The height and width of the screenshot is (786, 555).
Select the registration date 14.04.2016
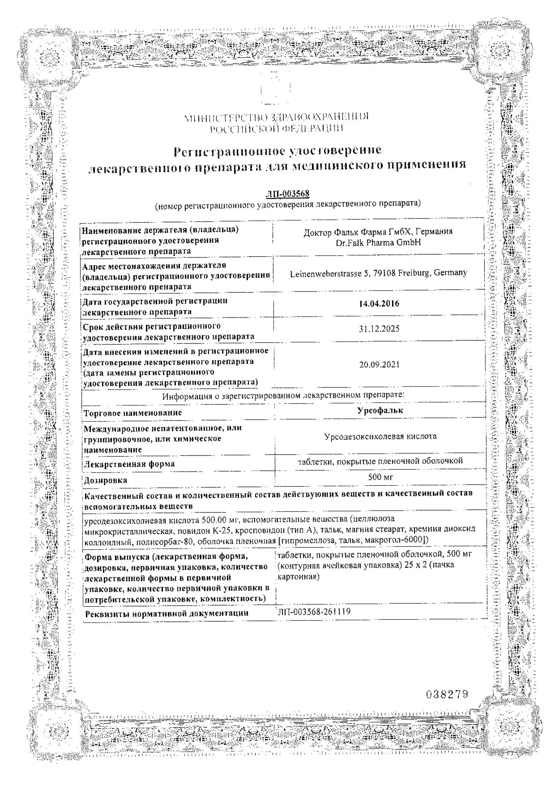(379, 303)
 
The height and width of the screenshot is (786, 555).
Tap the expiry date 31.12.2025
(379, 329)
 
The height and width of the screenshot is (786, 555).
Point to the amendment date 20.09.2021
(379, 365)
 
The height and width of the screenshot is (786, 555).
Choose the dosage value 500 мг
(380, 477)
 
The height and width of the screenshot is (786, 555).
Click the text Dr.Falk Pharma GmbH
(378, 242)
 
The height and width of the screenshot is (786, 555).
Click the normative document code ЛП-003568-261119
(314, 612)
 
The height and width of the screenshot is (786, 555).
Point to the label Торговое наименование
(133, 413)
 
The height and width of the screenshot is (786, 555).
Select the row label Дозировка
(105, 480)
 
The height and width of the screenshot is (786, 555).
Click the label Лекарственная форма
(130, 464)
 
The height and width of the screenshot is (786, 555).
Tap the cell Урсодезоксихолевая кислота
(380, 436)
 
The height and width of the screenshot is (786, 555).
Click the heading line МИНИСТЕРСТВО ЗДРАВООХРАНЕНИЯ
(276, 117)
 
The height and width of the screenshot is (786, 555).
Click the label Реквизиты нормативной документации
(166, 613)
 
